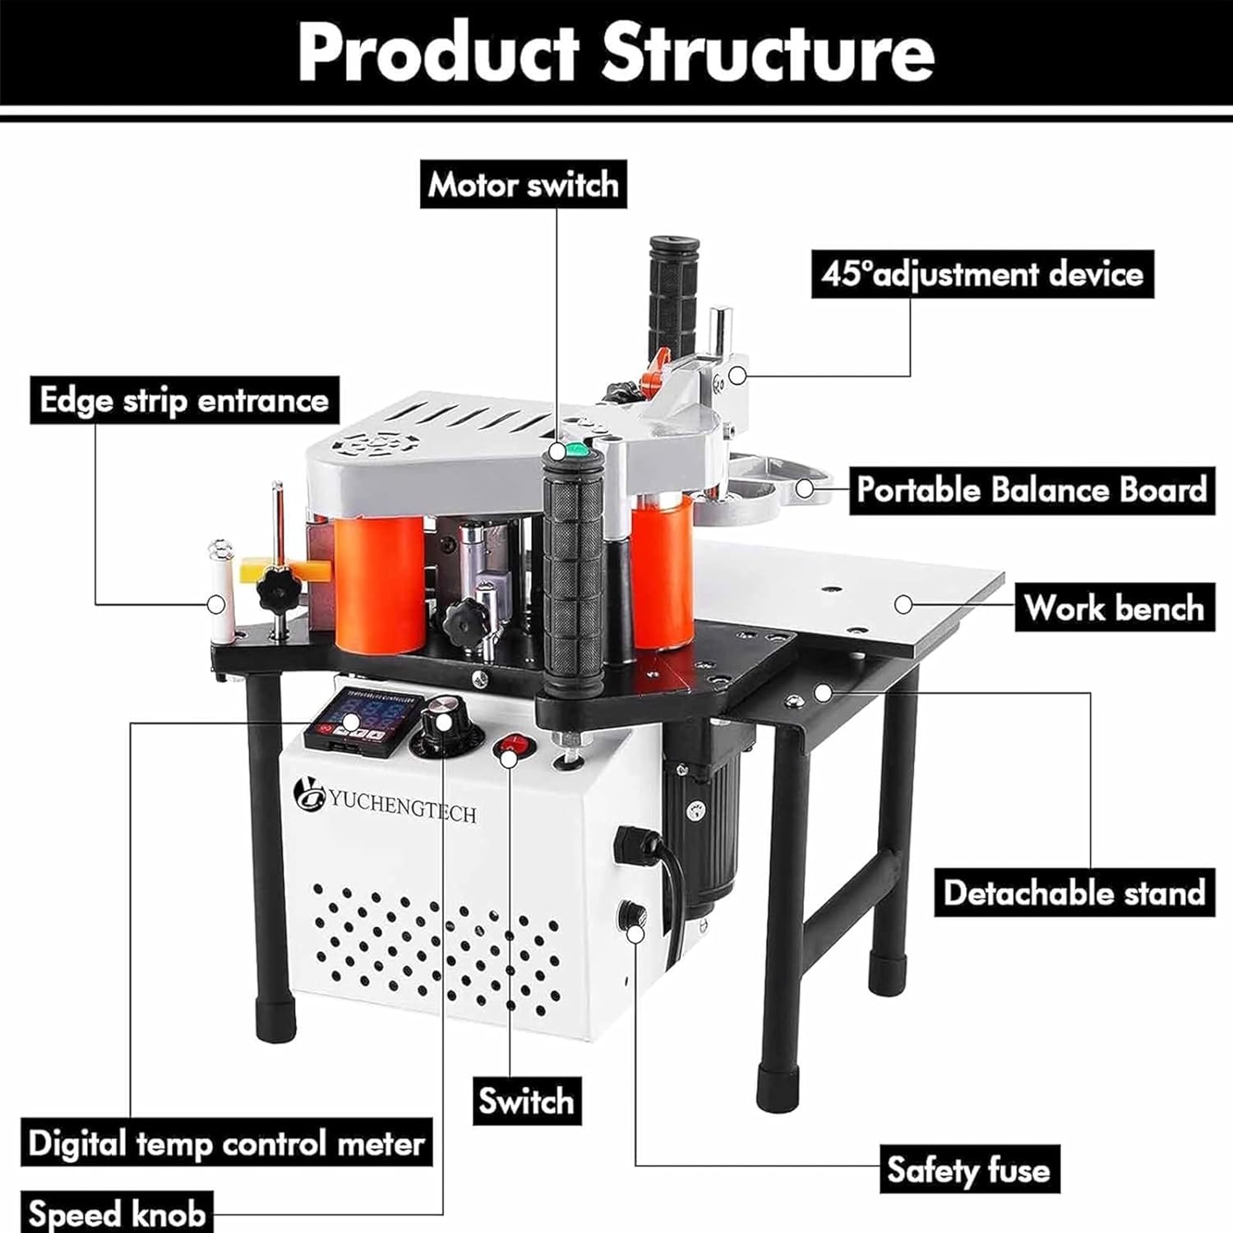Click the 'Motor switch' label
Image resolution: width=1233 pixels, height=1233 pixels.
pyautogui.click(x=524, y=184)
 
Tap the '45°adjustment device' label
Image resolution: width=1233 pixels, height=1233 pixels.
pyautogui.click(x=982, y=274)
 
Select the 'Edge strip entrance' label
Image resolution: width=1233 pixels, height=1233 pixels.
pyautogui.click(x=184, y=400)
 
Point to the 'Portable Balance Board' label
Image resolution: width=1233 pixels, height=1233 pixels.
pyautogui.click(x=1032, y=490)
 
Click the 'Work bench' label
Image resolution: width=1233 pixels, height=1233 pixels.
pyautogui.click(x=1114, y=608)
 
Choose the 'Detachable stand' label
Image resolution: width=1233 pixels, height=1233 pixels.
pyautogui.click(x=1074, y=893)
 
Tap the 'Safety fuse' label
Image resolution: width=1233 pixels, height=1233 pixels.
pyautogui.click(x=968, y=1170)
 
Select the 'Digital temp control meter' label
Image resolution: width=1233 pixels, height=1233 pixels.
pyautogui.click(x=225, y=1143)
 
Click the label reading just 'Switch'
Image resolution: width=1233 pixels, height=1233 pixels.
pyautogui.click(x=526, y=1101)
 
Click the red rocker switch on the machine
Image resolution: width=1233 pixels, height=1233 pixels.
pyautogui.click(x=512, y=748)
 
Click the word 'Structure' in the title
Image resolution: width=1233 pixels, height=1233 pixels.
pyautogui.click(x=768, y=53)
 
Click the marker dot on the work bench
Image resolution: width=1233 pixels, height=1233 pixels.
pyautogui.click(x=903, y=604)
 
